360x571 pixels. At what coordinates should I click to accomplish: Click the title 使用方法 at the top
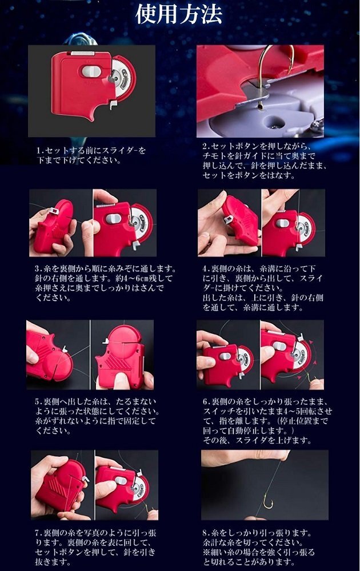(x=179, y=15)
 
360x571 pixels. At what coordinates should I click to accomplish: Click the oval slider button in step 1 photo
(x=91, y=71)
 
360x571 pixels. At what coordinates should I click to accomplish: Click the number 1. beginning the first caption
(x=41, y=150)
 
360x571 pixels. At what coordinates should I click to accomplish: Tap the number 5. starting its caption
(x=39, y=401)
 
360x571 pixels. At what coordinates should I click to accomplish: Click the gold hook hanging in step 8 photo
(x=268, y=503)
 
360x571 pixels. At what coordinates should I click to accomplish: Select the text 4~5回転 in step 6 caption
(x=293, y=412)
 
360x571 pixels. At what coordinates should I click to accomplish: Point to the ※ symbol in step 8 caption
(x=207, y=552)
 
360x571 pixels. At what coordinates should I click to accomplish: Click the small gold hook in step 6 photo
(x=311, y=379)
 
